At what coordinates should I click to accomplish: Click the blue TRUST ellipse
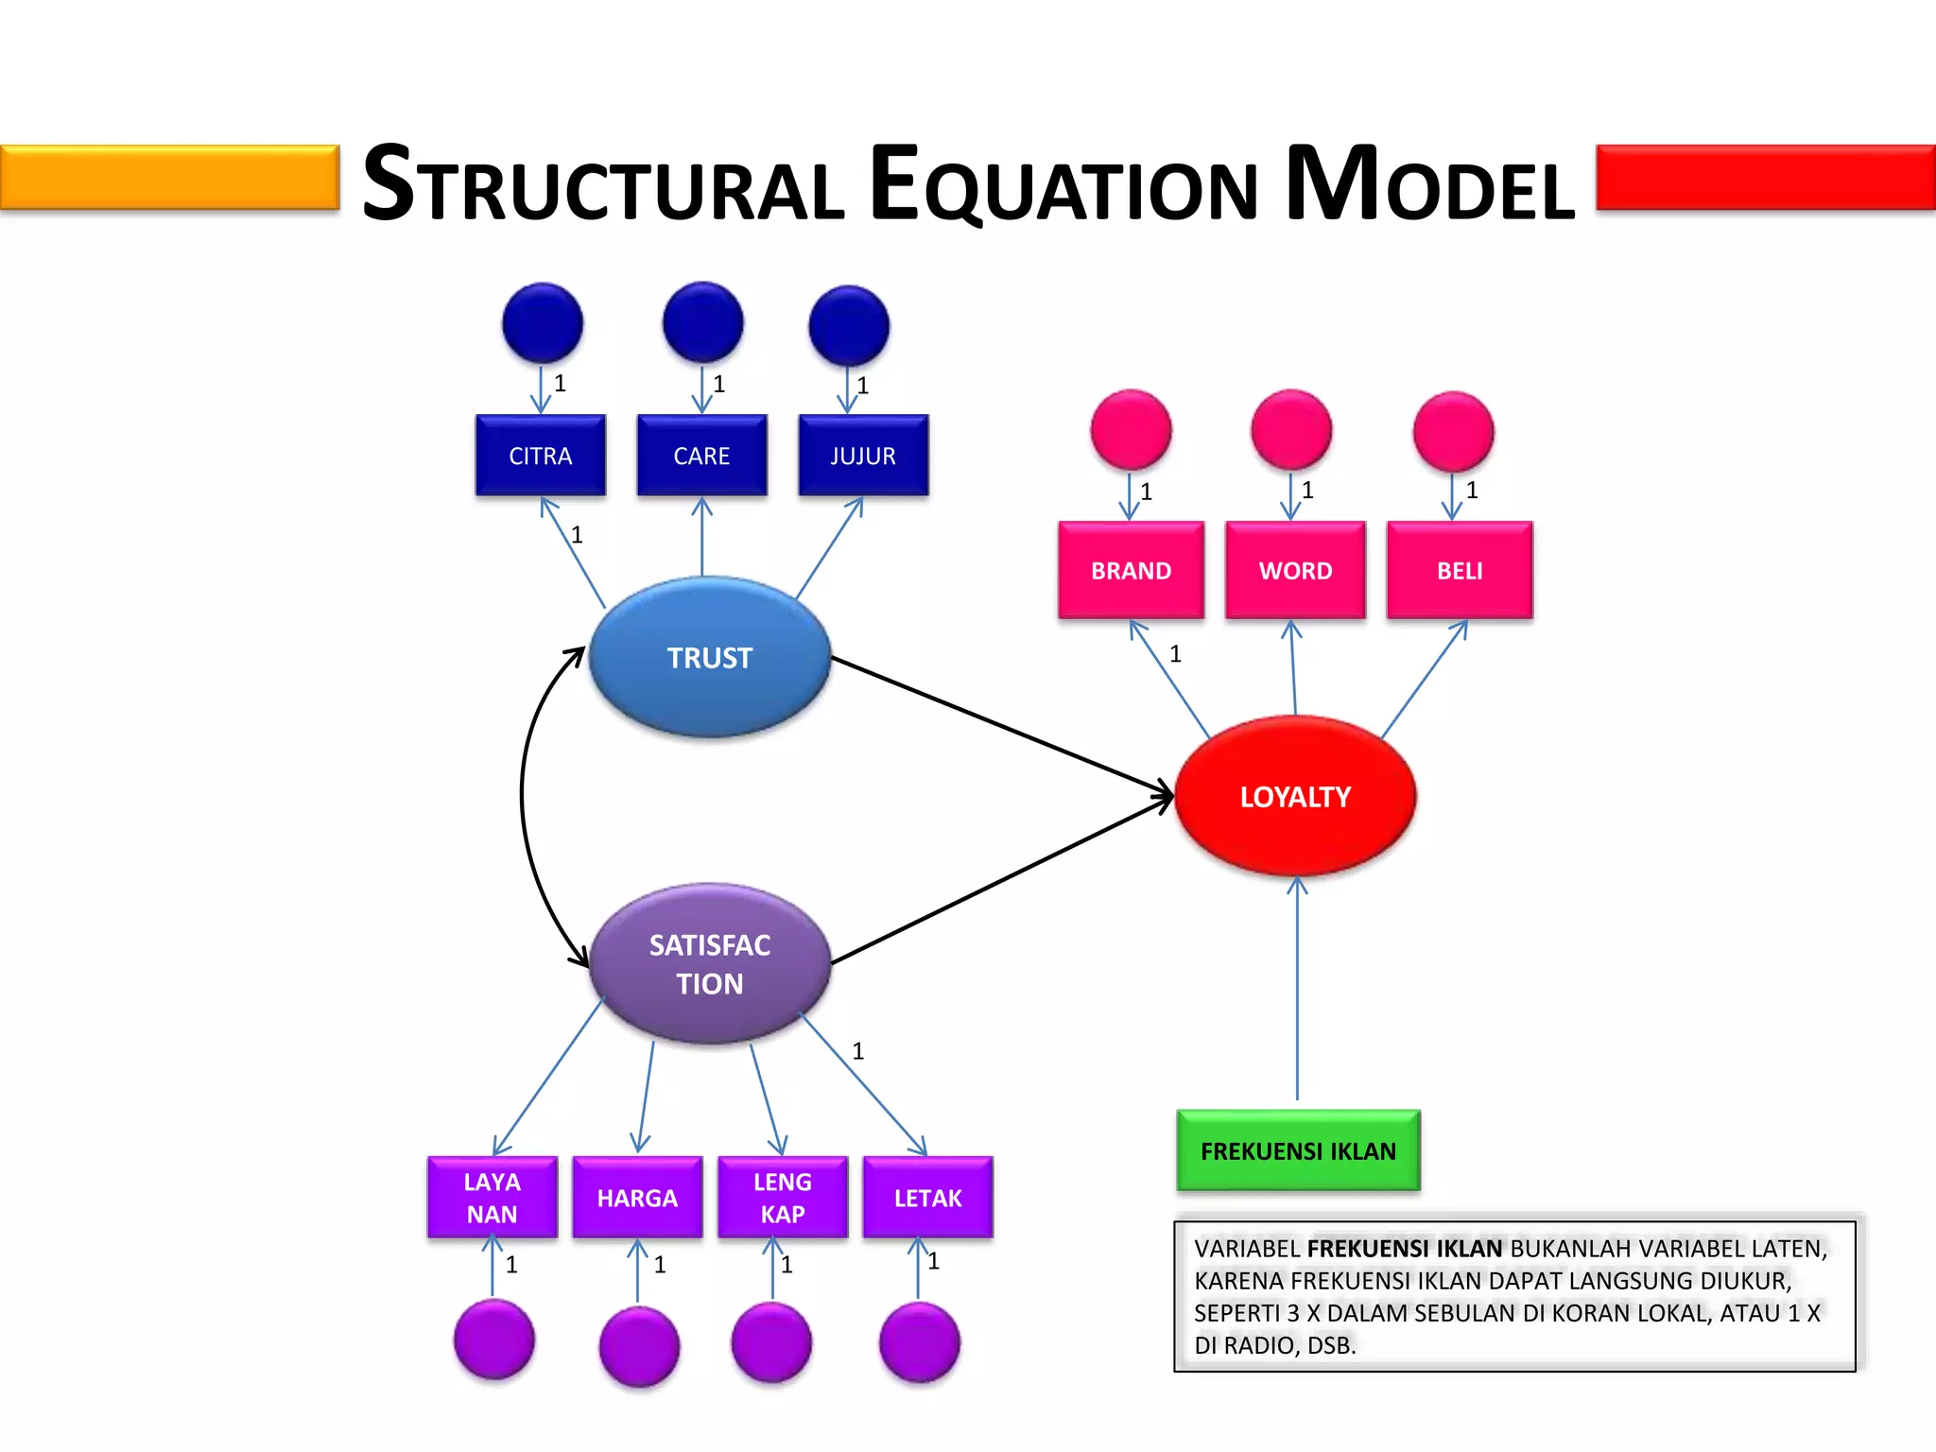pos(710,657)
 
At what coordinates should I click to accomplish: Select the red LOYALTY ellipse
pos(1295,796)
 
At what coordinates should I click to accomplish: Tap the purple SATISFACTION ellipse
pos(710,963)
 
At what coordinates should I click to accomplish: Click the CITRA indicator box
pos(541,456)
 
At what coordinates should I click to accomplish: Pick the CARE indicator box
pos(701,456)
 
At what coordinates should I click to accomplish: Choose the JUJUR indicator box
pos(863,456)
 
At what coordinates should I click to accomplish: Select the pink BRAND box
pos(1131,570)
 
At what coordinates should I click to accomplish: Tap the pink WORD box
pos(1295,570)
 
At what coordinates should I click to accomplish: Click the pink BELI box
pos(1460,570)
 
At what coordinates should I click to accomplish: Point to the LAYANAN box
pos(493,1198)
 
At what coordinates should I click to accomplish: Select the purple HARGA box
pos(637,1198)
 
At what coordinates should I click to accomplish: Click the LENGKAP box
pos(783,1198)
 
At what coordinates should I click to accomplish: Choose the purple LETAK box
pos(927,1198)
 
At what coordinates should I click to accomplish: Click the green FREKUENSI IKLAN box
pos(1298,1150)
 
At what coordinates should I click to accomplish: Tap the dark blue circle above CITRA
pos(543,323)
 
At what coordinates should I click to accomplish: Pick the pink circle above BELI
pos(1454,432)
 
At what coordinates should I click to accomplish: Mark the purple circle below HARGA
pos(639,1346)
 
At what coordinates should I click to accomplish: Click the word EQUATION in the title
pos(1064,184)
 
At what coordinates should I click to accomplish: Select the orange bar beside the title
pos(169,177)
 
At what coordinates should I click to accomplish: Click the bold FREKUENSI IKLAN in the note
pos(1405,1249)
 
